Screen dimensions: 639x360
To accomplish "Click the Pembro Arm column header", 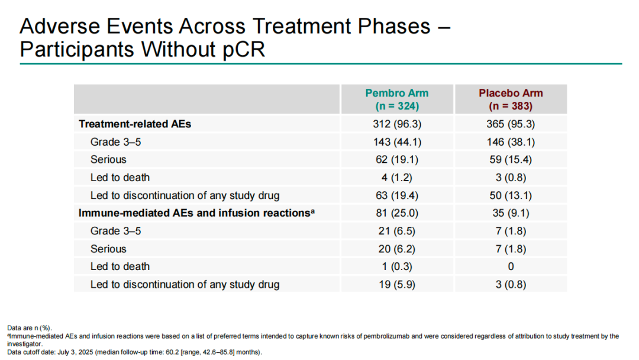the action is pyautogui.click(x=397, y=99).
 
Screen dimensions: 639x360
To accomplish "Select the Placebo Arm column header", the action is pyautogui.click(x=511, y=99).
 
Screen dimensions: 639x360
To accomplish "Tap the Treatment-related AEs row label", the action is pyautogui.click(x=135, y=124).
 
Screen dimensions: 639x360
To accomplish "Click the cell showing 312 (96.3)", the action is pyautogui.click(x=397, y=124).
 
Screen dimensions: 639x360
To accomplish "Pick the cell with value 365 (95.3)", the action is pyautogui.click(x=511, y=124).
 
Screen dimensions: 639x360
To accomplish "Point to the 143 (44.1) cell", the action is pyautogui.click(x=397, y=142).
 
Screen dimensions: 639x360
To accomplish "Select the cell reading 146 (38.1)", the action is pyautogui.click(x=511, y=142).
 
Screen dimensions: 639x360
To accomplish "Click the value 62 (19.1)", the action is pyautogui.click(x=397, y=159).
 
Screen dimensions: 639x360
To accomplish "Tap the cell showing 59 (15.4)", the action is pyautogui.click(x=511, y=159).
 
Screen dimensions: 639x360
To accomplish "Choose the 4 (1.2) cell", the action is pyautogui.click(x=397, y=178).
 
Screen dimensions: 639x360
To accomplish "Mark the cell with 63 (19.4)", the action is pyautogui.click(x=397, y=195).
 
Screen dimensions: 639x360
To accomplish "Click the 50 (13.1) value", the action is pyautogui.click(x=511, y=195).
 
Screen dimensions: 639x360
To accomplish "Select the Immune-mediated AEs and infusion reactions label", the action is pyautogui.click(x=196, y=213).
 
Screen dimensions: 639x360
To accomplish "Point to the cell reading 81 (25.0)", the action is pyautogui.click(x=397, y=213).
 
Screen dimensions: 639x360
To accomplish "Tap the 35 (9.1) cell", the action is pyautogui.click(x=511, y=213).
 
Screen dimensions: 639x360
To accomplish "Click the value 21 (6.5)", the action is pyautogui.click(x=397, y=231).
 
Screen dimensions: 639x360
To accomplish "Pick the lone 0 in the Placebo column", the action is pyautogui.click(x=511, y=266).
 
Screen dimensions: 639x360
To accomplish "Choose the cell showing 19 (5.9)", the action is pyautogui.click(x=397, y=284).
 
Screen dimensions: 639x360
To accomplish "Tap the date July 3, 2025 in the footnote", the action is pyautogui.click(x=75, y=352).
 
